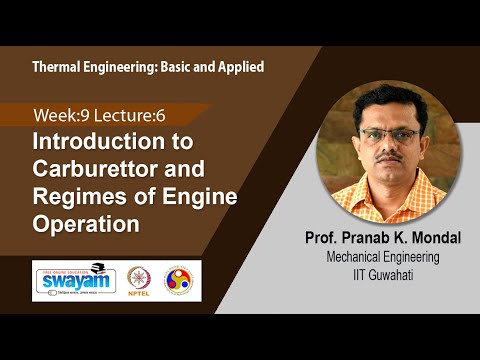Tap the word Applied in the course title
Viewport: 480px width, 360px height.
pos(238,66)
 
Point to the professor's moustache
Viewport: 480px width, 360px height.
pos(394,159)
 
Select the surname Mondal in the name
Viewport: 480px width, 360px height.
pos(423,239)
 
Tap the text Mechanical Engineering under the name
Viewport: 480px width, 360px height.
pos(385,257)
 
